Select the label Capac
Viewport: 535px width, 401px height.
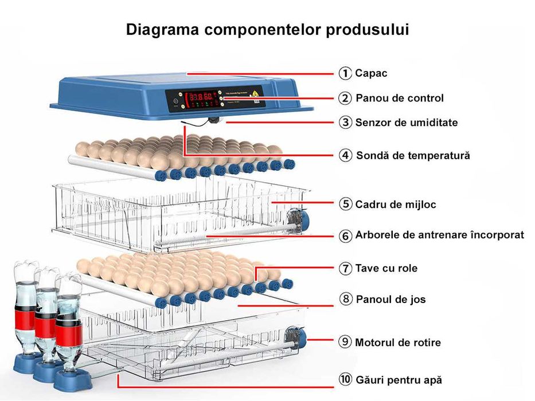371,73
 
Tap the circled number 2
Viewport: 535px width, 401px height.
345,99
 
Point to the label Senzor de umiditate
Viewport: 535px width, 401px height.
406,123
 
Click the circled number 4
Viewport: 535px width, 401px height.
345,156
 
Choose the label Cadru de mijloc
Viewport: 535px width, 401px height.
395,205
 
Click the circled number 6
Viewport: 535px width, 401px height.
345,236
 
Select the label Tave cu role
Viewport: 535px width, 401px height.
386,268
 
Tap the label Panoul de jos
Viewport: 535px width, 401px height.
390,300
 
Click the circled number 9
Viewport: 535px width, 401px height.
345,343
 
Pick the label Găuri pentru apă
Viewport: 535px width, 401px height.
399,380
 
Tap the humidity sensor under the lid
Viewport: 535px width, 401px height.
214,120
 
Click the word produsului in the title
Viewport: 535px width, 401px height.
367,30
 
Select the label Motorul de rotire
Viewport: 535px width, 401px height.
398,343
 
